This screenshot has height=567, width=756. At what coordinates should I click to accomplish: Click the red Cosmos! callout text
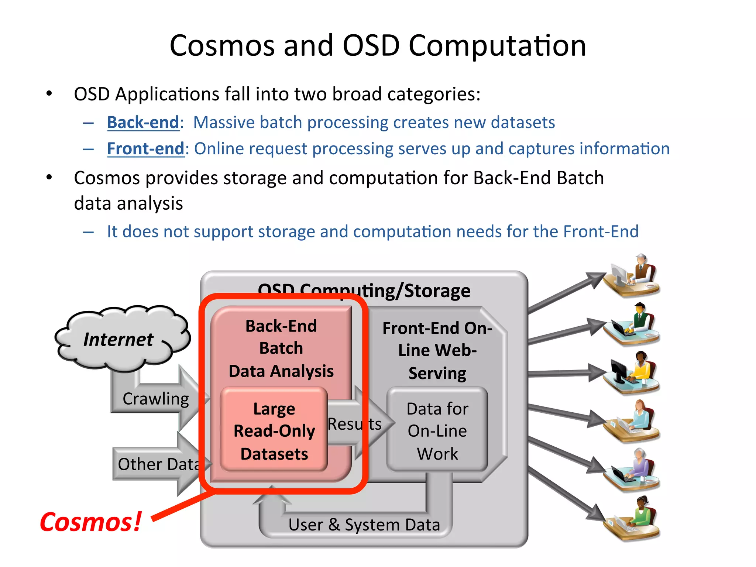[90, 522]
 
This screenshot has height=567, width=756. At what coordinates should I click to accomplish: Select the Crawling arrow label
[155, 399]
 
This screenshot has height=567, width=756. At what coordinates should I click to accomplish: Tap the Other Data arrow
[159, 464]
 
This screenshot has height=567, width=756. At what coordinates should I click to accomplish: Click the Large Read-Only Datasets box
[274, 431]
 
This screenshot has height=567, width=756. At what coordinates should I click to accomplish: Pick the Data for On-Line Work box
[437, 431]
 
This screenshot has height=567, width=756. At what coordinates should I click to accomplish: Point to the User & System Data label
[364, 525]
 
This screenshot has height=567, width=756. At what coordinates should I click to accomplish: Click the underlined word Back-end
[143, 123]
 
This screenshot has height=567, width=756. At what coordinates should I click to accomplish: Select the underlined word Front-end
[145, 149]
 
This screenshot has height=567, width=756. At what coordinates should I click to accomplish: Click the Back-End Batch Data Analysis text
[281, 348]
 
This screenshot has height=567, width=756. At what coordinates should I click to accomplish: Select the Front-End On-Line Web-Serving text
[437, 350]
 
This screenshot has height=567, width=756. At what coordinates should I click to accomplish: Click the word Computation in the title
[497, 46]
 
